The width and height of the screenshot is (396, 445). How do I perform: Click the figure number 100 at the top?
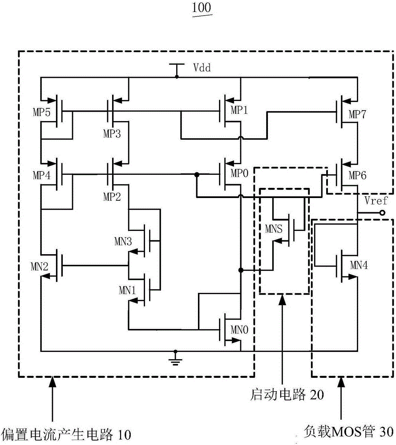tap(202, 8)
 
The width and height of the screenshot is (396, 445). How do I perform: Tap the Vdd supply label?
tap(202, 68)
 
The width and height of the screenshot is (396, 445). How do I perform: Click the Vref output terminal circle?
tap(382, 213)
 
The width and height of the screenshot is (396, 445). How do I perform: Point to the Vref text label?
tap(376, 201)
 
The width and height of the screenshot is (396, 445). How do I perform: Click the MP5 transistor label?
tap(41, 112)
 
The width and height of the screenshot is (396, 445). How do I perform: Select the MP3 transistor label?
tap(112, 133)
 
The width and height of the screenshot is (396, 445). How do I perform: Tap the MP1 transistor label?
tap(239, 110)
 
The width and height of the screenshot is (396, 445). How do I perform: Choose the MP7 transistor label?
tap(357, 114)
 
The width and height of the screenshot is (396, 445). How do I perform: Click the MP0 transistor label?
tap(239, 173)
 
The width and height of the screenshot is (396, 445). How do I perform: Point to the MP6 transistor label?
tap(357, 175)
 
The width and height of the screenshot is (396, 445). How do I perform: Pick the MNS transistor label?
tap(274, 229)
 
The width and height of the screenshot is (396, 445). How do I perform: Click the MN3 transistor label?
tap(123, 241)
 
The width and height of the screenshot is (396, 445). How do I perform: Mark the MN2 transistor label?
tap(40, 266)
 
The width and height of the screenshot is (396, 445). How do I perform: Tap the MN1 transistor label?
tap(127, 290)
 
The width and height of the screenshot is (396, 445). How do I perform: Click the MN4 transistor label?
tap(359, 265)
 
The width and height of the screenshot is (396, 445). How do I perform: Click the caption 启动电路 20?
tap(287, 394)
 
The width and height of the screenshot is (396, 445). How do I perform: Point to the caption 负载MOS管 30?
tap(349, 432)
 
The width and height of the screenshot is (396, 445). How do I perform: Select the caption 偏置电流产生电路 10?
tap(66, 434)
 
